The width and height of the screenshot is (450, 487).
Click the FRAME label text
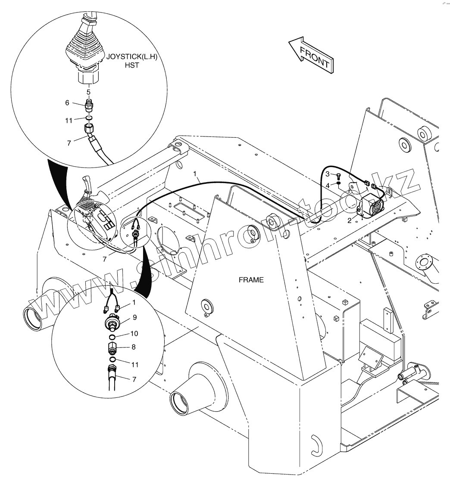pyautogui.click(x=251, y=280)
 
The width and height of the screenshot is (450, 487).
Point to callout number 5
pyautogui.click(x=88, y=92)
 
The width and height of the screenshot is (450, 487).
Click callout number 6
pyautogui.click(x=67, y=102)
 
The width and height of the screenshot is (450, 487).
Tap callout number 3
pyautogui.click(x=328, y=174)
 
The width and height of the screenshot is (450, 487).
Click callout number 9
pyautogui.click(x=134, y=317)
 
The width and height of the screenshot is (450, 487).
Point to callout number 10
pyautogui.click(x=134, y=333)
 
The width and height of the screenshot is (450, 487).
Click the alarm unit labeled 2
pyautogui.click(x=372, y=206)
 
